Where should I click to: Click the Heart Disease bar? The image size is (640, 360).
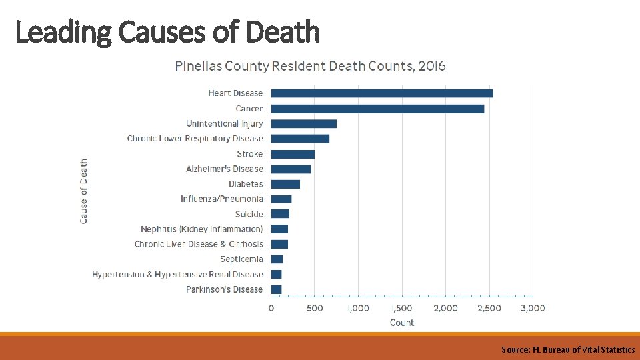(381, 93)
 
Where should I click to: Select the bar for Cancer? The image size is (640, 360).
(377, 109)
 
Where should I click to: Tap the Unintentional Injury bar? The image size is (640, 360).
(304, 123)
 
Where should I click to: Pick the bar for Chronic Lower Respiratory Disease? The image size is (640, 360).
(300, 139)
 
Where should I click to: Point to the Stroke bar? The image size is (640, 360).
(293, 154)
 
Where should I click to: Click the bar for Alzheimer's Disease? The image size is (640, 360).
(291, 169)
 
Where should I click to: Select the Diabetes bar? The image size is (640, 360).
(285, 184)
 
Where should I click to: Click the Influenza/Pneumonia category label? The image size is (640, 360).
(221, 199)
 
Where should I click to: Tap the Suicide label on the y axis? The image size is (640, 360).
(249, 214)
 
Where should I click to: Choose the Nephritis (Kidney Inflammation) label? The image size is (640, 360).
(201, 229)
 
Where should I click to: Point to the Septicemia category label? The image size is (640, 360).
(241, 259)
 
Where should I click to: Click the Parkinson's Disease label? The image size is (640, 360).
(224, 289)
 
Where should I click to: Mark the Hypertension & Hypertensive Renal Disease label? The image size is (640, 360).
(177, 275)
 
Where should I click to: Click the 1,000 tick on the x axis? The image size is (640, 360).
(358, 308)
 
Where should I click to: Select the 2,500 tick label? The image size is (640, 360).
(489, 308)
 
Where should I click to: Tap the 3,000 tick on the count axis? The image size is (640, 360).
(532, 308)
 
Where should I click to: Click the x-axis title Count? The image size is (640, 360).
(401, 323)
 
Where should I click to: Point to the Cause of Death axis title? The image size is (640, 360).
(84, 191)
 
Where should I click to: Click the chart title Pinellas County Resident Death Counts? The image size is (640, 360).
(310, 66)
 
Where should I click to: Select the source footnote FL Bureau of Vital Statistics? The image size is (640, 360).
(568, 349)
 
